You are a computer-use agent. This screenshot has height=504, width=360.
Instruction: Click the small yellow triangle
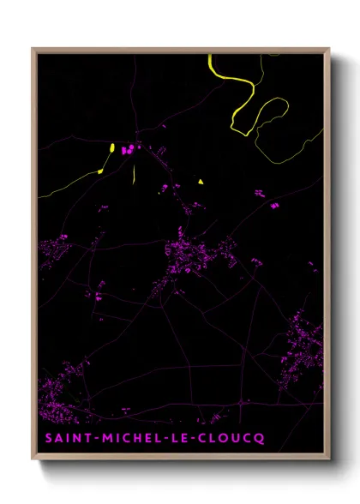click(x=201, y=182)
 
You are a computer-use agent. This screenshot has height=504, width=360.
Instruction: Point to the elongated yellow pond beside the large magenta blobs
click(x=112, y=150)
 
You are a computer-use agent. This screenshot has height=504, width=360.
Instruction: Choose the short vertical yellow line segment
click(x=134, y=174)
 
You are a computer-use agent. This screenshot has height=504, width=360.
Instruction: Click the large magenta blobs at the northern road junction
click(x=128, y=150)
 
